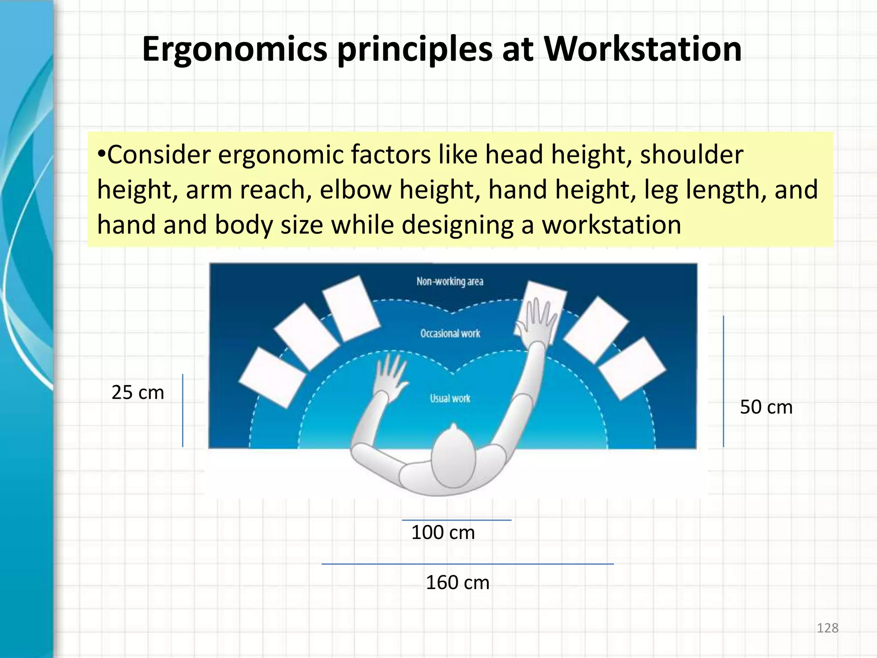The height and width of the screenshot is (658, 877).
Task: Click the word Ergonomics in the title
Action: tap(235, 50)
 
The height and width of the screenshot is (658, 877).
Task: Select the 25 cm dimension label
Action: tap(137, 393)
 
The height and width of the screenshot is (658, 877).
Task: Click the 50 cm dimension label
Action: tap(766, 407)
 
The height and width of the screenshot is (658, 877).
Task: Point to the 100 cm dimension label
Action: tap(443, 533)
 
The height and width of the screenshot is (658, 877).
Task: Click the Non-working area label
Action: tap(450, 281)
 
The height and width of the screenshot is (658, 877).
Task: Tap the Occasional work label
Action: tap(450, 333)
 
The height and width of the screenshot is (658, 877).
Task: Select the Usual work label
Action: tap(450, 398)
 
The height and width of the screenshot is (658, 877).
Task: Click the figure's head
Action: tap(453, 458)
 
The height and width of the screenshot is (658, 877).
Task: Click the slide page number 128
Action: tap(827, 628)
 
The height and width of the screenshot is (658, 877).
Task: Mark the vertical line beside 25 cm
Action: tap(183, 410)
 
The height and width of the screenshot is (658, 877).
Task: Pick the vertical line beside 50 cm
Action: tap(723, 381)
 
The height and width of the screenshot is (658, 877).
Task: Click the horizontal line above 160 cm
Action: tap(467, 564)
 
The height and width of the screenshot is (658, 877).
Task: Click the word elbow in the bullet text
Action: tap(355, 190)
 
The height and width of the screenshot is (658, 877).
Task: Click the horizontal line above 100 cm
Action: tap(456, 520)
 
